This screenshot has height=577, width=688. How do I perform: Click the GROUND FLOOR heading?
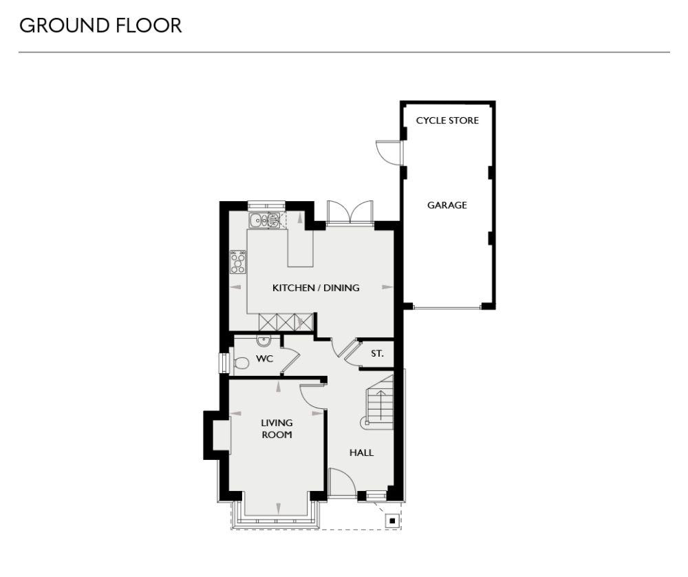tap(100, 26)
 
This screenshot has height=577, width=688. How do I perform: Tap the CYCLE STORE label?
tap(447, 120)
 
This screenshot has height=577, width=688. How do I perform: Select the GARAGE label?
tap(447, 205)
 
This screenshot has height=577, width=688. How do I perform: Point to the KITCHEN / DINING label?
tap(316, 288)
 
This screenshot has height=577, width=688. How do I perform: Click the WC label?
tap(265, 359)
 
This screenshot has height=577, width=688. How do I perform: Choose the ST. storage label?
tap(377, 354)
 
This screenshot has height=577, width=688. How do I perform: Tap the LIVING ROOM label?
tap(277, 428)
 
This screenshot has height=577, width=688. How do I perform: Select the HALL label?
tap(361, 452)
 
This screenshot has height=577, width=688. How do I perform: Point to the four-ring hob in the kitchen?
tap(239, 262)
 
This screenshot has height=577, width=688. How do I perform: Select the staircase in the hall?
tap(378, 406)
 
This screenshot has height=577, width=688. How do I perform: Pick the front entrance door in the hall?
tap(341, 482)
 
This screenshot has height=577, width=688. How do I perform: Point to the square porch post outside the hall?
tap(392, 521)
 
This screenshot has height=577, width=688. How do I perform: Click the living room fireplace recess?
tap(221, 435)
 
